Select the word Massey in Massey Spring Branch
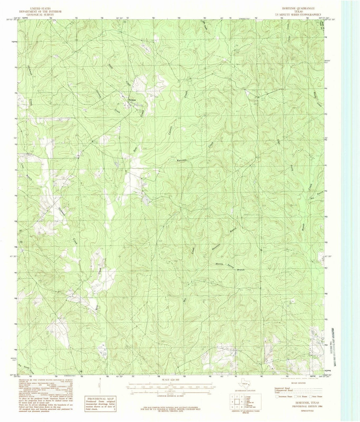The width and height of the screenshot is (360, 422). tap(219, 264)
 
